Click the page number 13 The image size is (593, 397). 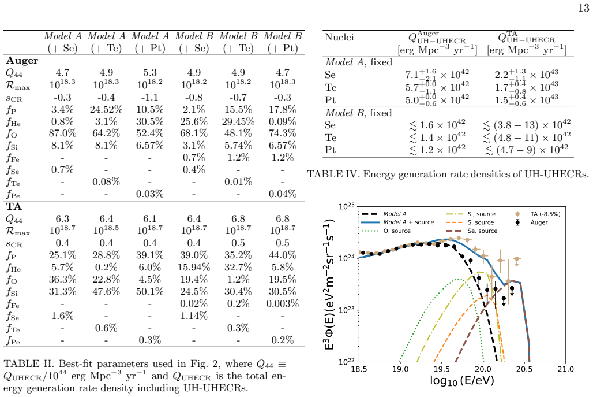click(x=584, y=8)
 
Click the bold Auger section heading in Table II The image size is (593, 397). click(x=22, y=61)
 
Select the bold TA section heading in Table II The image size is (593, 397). click(x=14, y=206)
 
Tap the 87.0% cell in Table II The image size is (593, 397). click(x=62, y=133)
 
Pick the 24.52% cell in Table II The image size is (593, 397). click(x=106, y=109)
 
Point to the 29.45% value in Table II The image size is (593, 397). click(x=238, y=121)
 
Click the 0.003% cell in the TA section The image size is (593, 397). click(x=283, y=303)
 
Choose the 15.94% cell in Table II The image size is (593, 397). click(x=194, y=267)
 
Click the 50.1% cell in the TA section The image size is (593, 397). click(x=150, y=291)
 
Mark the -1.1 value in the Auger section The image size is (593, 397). click(x=150, y=97)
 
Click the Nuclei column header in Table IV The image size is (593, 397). click(x=339, y=37)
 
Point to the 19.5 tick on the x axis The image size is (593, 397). click(x=441, y=369)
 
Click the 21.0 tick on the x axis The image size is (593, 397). click(x=565, y=369)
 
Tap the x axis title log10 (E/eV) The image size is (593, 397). click(x=462, y=381)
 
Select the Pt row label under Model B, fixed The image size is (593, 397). click(x=330, y=150)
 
